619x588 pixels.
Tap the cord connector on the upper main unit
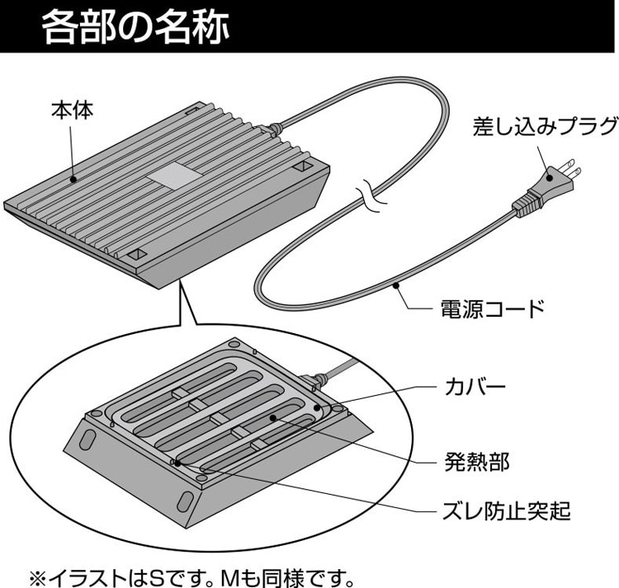[x=270, y=129]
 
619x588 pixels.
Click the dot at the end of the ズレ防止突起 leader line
[x=174, y=463]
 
